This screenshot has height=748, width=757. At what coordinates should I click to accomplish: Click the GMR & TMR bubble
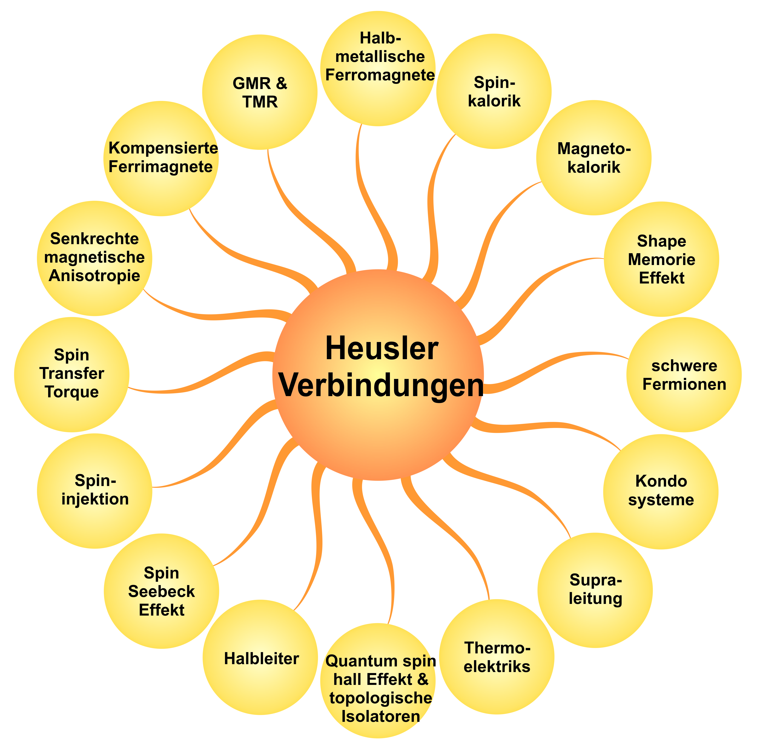(x=260, y=92)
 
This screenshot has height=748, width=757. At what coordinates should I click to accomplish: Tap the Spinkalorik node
(x=494, y=91)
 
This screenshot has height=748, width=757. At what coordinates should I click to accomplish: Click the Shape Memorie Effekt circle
(x=661, y=259)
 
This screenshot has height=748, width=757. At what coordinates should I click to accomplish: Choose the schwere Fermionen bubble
(x=684, y=374)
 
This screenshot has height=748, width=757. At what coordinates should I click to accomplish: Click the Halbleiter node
(x=260, y=657)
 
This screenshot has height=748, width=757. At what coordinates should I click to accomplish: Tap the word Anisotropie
(x=94, y=276)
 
